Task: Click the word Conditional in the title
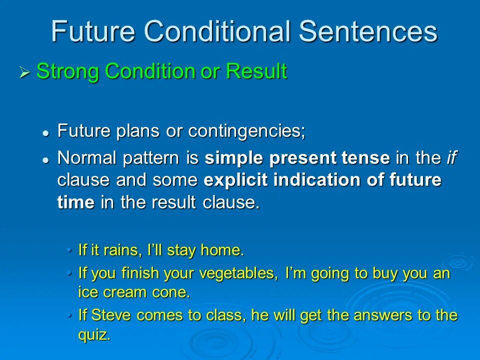217,31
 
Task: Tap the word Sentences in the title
368,31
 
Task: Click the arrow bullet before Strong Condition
25,72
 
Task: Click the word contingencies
246,131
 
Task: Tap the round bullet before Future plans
46,133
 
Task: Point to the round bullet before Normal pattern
46,160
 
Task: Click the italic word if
451,157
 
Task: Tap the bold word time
76,202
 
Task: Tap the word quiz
94,334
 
